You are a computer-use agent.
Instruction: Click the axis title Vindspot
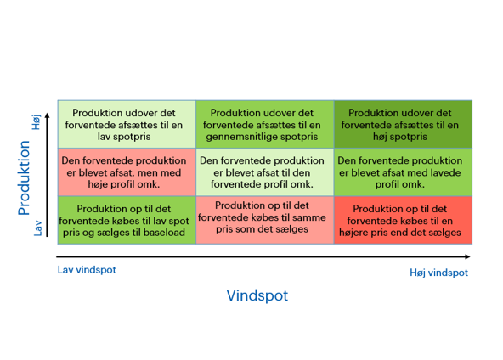click(257, 295)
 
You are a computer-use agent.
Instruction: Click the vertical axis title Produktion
click(24, 177)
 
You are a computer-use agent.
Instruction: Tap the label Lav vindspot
click(87, 270)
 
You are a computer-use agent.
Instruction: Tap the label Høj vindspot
click(438, 273)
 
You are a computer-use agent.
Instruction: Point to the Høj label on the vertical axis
click(36, 122)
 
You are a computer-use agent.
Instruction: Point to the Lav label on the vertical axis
click(38, 228)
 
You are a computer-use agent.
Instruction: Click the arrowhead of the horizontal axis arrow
click(467, 256)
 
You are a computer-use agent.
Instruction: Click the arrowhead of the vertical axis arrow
click(48, 115)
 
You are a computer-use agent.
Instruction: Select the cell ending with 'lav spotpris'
click(127, 124)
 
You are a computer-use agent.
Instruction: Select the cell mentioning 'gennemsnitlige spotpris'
click(265, 124)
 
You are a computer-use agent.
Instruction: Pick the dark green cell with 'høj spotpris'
click(403, 124)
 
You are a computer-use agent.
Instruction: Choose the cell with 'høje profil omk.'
click(127, 172)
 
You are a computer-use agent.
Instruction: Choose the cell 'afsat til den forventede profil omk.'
click(265, 172)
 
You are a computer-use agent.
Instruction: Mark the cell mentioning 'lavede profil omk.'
click(403, 172)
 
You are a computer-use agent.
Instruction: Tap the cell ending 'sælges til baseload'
click(127, 220)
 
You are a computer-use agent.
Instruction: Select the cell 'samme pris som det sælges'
click(265, 220)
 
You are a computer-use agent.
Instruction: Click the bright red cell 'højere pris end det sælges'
click(403, 220)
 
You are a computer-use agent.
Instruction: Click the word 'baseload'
click(164, 232)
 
